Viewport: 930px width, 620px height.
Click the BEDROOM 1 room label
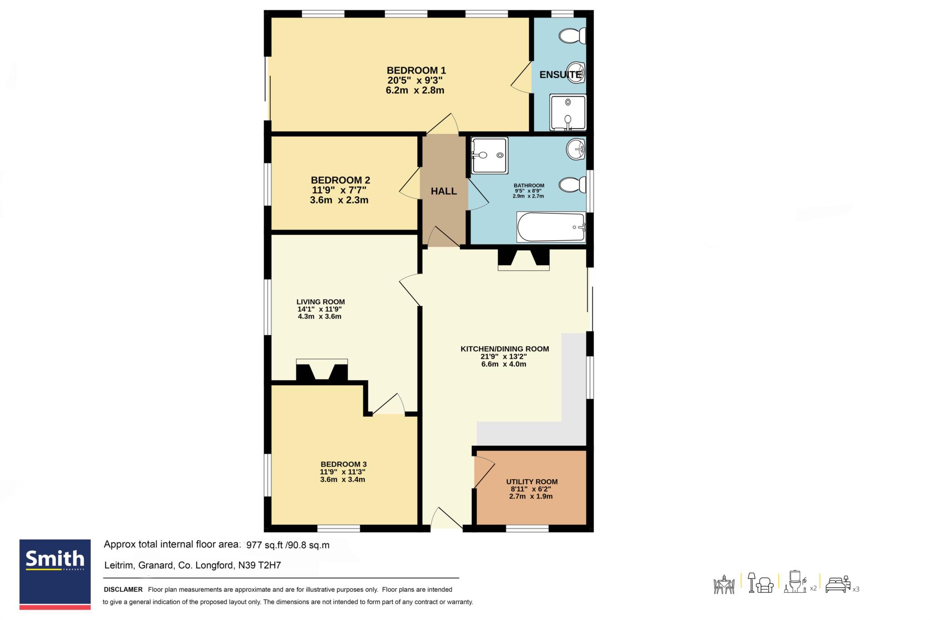click(x=416, y=70)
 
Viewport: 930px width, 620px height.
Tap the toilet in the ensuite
click(x=573, y=36)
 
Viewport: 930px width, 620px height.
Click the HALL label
click(x=444, y=191)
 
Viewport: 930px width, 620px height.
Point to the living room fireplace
click(x=322, y=370)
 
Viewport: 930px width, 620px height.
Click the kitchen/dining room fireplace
click(x=524, y=259)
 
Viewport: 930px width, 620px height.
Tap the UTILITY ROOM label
click(x=532, y=481)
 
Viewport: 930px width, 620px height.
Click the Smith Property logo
click(x=55, y=574)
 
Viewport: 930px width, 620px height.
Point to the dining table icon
click(x=724, y=585)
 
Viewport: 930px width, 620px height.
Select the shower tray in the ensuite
click(x=568, y=112)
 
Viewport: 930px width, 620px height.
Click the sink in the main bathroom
click(x=576, y=149)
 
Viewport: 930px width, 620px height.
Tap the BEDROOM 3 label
click(x=343, y=464)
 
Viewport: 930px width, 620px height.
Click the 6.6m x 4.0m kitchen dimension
click(x=504, y=364)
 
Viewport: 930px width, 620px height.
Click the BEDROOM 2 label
click(x=340, y=180)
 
